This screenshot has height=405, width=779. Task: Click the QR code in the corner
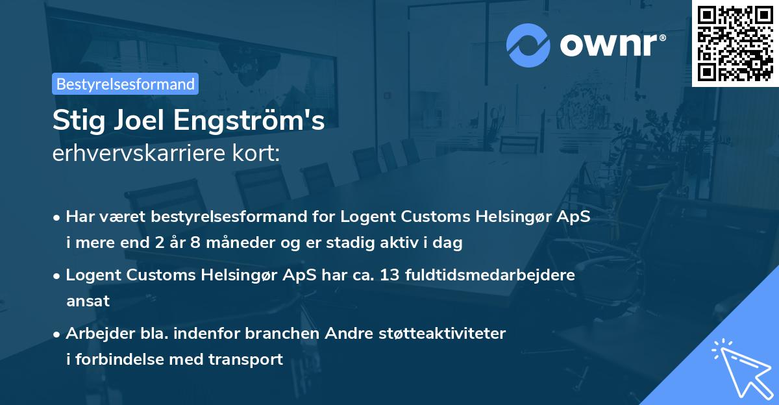pos(735,43)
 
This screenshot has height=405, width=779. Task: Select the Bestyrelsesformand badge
pos(125,84)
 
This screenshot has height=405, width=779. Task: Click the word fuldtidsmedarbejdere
pos(489,275)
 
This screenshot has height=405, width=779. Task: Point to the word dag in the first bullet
pos(449,244)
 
